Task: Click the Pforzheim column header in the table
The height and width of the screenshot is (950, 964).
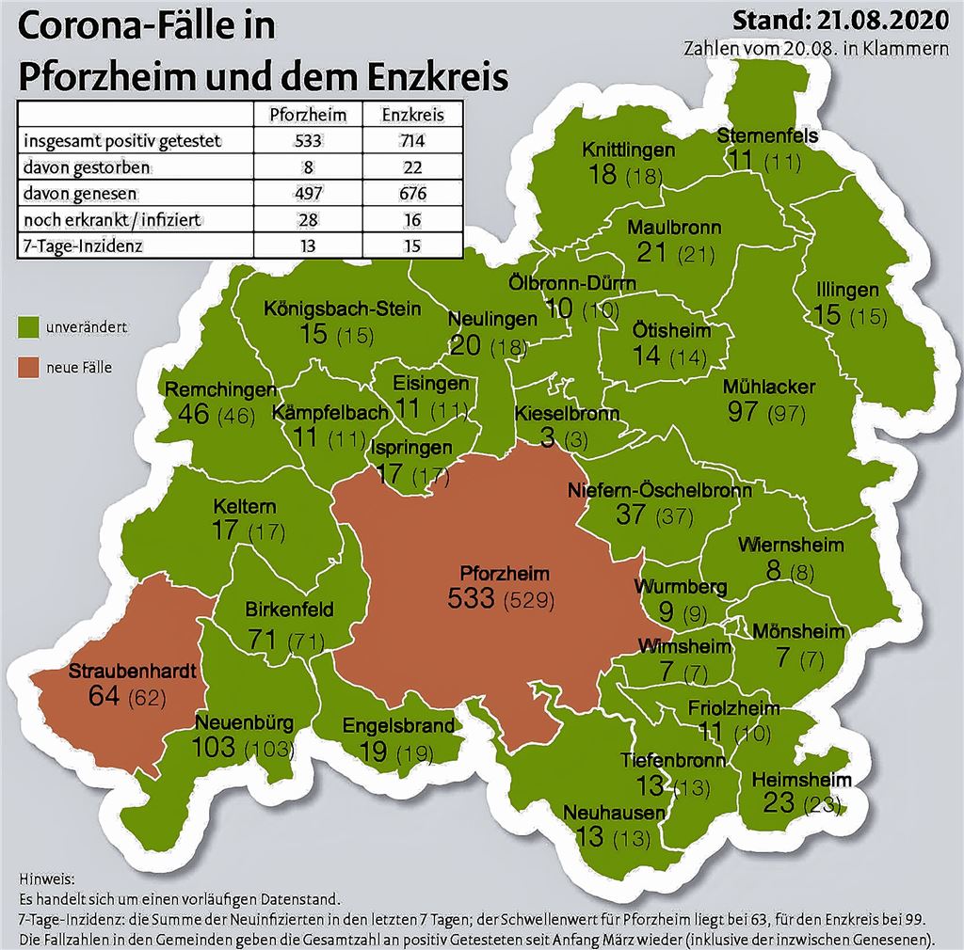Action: (x=308, y=115)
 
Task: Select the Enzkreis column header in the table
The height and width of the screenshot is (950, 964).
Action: (x=411, y=115)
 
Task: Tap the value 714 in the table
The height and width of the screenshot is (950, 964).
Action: (x=411, y=141)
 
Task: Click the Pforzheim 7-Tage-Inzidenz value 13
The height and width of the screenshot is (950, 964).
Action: (x=308, y=246)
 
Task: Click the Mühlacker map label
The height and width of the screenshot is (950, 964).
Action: (x=769, y=387)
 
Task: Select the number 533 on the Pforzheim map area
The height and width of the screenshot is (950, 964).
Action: (x=472, y=596)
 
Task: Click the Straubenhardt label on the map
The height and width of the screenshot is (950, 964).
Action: (x=132, y=673)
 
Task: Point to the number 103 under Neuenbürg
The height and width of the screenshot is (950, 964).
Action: (x=215, y=748)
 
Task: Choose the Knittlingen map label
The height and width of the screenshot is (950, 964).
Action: (x=628, y=150)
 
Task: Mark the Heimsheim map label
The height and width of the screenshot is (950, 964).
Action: (x=801, y=780)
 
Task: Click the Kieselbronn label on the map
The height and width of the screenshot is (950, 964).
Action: (x=567, y=414)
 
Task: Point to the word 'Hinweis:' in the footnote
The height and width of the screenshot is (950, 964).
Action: (x=45, y=879)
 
